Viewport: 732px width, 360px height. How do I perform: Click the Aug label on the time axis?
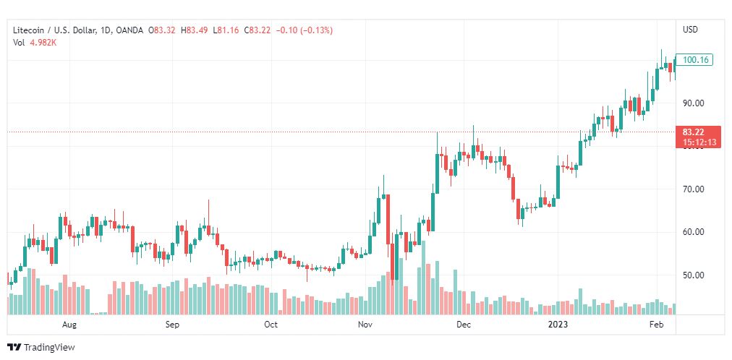pos(69,325)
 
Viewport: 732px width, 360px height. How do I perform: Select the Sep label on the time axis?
pos(172,325)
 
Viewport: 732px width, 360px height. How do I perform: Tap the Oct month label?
pos(271,325)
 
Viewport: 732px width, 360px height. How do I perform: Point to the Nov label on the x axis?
pos(365,325)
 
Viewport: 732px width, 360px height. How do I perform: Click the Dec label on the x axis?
pos(464,325)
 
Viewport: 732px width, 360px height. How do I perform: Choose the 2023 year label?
pos(559,325)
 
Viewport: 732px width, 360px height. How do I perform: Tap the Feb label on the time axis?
pos(656,325)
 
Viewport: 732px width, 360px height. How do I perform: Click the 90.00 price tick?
pos(693,103)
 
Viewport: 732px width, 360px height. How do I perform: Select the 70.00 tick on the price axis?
pos(693,189)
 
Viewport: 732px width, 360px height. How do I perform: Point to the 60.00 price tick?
pos(693,232)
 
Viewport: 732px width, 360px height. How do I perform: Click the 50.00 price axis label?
pos(693,275)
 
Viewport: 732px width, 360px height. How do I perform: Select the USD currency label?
pos(690,30)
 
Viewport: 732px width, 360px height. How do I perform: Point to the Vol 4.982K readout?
pos(35,43)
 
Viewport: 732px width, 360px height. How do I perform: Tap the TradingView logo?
pos(41,348)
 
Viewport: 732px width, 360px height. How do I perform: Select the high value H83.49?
pos(195,30)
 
